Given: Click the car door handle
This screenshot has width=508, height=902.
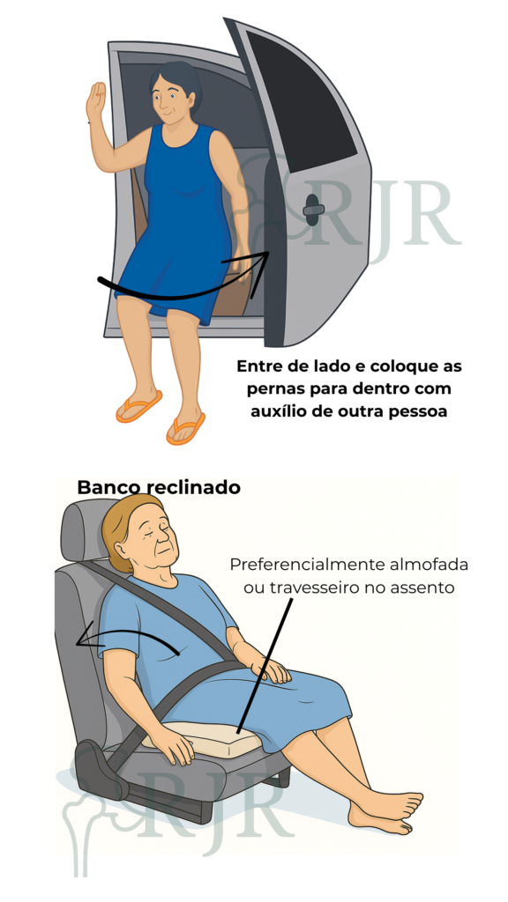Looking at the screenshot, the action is (313, 210).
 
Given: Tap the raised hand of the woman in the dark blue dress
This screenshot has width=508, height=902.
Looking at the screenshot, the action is (95, 101).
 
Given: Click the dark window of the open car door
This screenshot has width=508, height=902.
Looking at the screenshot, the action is (301, 99).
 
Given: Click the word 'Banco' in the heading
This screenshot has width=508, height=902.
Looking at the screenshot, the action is (108, 487).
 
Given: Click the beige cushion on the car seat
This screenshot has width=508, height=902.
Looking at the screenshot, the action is (202, 739).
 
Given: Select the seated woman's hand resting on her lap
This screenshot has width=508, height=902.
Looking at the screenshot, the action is (273, 671).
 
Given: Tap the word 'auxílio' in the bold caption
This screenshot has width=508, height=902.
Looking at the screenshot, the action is (274, 412).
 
